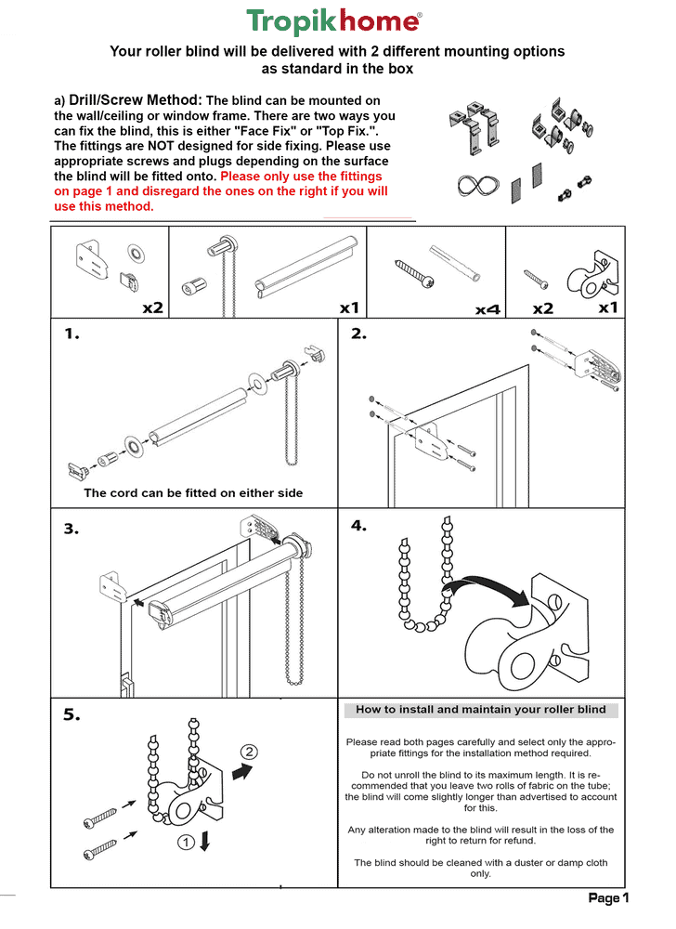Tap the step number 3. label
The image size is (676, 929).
(71, 529)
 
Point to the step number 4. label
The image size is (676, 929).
(359, 526)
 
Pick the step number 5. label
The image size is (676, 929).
(71, 714)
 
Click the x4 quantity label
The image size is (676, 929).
(487, 308)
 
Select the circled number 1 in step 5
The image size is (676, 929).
(185, 843)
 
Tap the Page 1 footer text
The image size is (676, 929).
(608, 898)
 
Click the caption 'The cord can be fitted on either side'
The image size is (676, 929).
(193, 493)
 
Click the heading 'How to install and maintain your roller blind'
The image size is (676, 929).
(481, 710)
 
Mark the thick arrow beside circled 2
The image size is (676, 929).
(242, 772)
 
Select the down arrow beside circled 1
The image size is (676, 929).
(205, 841)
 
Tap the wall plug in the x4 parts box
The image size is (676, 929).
(456, 263)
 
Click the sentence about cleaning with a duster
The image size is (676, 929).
(481, 868)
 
